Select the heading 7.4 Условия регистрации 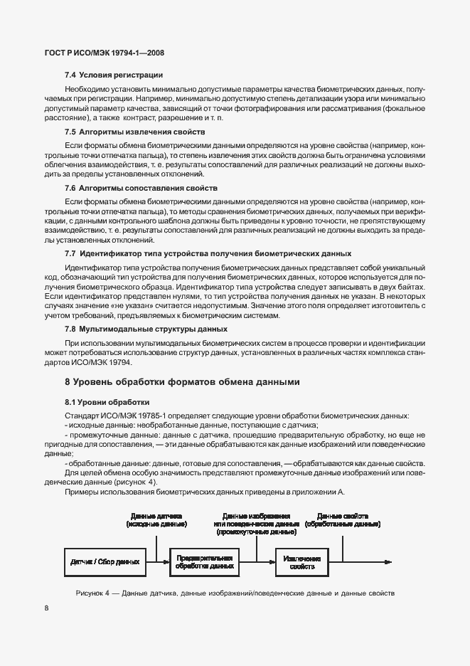[114, 75]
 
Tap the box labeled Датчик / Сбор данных [105, 562]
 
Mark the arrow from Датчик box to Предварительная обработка [158, 561]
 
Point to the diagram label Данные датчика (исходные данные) [156, 519]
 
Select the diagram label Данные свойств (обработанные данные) [342, 519]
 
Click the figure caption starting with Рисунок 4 [235, 593]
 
